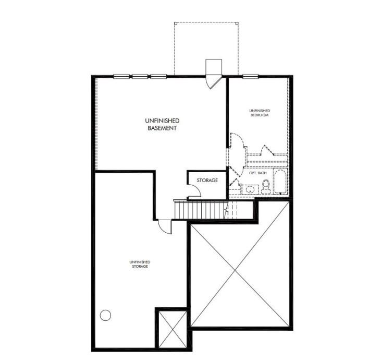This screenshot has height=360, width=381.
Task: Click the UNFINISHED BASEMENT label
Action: click(x=162, y=124)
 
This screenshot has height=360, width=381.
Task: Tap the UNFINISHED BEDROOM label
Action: click(x=260, y=113)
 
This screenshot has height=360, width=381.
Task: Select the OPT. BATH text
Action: click(x=258, y=173)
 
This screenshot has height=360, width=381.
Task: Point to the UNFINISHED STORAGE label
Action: click(x=140, y=264)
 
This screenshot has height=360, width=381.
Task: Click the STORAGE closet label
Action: click(x=207, y=180)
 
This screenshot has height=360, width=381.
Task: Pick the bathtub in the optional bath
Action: click(x=280, y=182)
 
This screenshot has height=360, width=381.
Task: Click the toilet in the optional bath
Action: click(x=266, y=187)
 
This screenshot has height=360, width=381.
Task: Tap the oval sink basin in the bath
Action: click(x=250, y=189)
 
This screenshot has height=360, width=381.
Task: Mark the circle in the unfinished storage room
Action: click(x=105, y=315)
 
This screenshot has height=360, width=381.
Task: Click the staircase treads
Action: click(x=201, y=210)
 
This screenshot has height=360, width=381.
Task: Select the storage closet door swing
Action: click(x=194, y=190)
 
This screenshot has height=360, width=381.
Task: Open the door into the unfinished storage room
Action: click(x=165, y=227)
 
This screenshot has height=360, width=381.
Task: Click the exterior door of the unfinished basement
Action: click(x=214, y=82)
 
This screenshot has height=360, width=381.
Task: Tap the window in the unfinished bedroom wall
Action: click(x=251, y=77)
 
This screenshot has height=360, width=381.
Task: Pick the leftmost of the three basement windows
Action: click(x=121, y=77)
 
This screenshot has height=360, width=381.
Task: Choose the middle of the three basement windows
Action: click(x=140, y=77)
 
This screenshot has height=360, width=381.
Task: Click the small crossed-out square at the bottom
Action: click(x=173, y=329)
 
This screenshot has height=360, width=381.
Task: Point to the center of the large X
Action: click(x=235, y=270)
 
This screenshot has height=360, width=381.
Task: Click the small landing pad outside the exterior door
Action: click(x=214, y=67)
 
